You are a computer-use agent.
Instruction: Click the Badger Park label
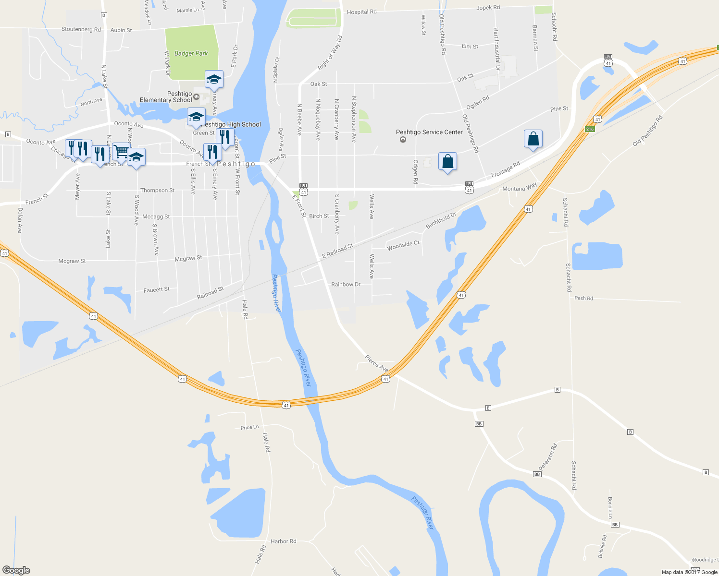191,53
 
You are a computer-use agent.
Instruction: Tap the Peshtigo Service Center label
429,132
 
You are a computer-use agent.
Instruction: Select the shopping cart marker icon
122,152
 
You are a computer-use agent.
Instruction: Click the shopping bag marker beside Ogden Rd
447,162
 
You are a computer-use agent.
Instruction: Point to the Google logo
16,570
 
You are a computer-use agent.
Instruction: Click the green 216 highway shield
590,129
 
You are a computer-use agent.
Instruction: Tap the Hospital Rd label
361,12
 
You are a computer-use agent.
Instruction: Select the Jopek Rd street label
488,8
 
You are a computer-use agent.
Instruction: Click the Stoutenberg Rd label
81,29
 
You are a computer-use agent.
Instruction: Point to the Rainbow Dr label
346,284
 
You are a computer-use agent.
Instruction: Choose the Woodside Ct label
403,245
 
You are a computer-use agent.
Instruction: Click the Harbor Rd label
283,541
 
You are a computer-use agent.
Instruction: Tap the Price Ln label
249,427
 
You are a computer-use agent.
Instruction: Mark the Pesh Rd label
583,298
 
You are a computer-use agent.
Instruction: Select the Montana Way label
519,188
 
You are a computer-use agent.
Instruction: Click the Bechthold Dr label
441,220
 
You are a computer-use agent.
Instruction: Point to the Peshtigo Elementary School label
166,97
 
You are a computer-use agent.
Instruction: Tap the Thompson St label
157,191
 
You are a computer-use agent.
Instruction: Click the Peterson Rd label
547,456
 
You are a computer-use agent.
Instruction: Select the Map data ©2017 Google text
689,572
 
